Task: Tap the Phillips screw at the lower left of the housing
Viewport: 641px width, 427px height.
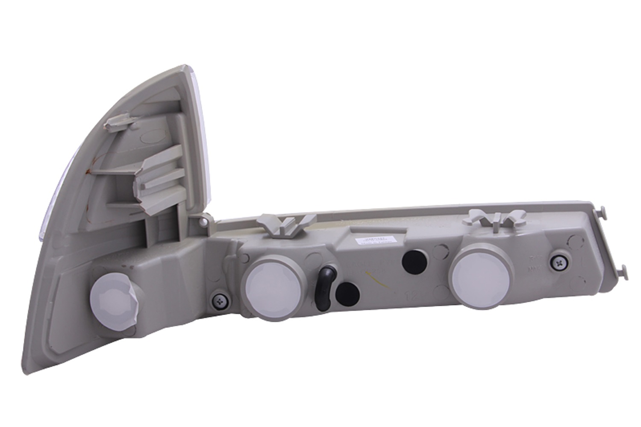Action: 220,300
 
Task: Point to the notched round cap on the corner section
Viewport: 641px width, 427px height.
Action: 110,297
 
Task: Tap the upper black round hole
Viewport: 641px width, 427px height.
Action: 412,260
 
